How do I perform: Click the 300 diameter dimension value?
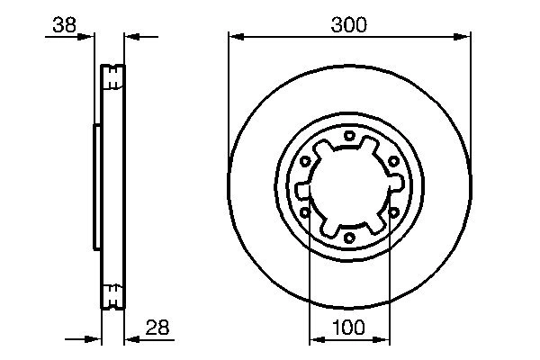tap(348, 25)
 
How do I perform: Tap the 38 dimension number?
tap(63, 25)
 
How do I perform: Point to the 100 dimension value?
tap(348, 328)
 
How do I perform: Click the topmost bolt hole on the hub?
tap(349, 136)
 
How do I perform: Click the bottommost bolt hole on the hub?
tap(349, 238)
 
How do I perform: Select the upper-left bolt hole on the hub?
tap(305, 162)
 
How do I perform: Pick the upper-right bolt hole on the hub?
tap(393, 162)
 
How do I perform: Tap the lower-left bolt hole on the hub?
tap(305, 213)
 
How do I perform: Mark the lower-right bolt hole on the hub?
tap(393, 213)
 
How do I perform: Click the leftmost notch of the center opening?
tap(302, 188)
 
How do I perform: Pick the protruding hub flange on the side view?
tap(95, 187)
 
